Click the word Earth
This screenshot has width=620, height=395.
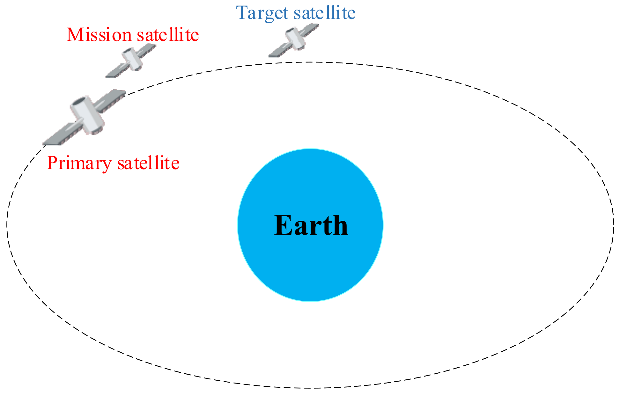pos(311,225)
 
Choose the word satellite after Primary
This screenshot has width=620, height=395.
pos(148,163)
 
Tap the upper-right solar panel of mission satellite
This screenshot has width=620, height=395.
pos(147,49)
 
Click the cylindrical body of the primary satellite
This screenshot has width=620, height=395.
pos(87,115)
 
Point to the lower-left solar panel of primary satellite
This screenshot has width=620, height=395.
pos(59,135)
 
